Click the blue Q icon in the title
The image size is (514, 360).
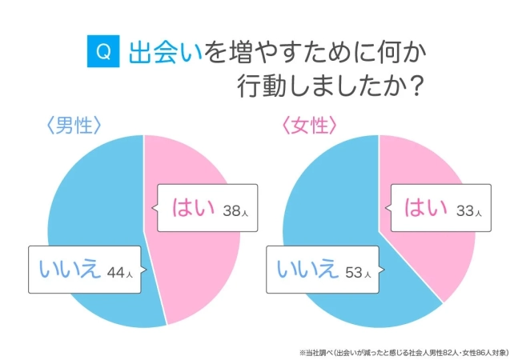[x=102, y=52]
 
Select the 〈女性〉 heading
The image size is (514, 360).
[x=308, y=126]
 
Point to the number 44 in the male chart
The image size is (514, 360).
[x=118, y=271]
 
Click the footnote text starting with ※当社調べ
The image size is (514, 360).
[x=400, y=350]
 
